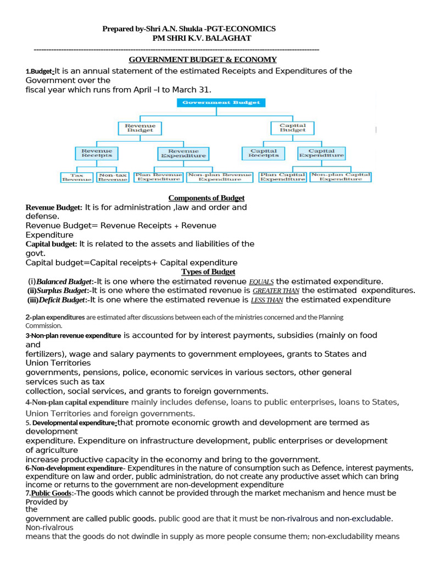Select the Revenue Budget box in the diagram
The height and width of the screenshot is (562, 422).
(140, 128)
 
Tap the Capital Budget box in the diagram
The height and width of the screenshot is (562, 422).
(292, 128)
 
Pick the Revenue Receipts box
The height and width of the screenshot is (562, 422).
(97, 153)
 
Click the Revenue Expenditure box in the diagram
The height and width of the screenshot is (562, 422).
(183, 153)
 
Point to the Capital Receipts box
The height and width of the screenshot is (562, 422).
(263, 153)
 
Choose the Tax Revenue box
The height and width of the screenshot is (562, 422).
(76, 177)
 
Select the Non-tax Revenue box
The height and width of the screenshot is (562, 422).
(113, 177)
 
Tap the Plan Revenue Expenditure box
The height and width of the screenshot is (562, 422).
(158, 177)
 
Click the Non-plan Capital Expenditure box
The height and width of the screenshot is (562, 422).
(341, 177)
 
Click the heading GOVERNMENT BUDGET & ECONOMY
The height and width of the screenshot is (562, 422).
(203, 60)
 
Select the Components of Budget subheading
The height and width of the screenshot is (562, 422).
(206, 198)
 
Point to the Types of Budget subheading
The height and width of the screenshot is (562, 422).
(208, 272)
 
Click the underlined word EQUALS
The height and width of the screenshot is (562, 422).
(262, 282)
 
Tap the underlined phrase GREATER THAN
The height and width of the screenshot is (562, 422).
(276, 291)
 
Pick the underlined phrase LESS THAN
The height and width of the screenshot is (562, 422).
(267, 300)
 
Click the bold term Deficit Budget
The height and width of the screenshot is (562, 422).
(62, 300)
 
